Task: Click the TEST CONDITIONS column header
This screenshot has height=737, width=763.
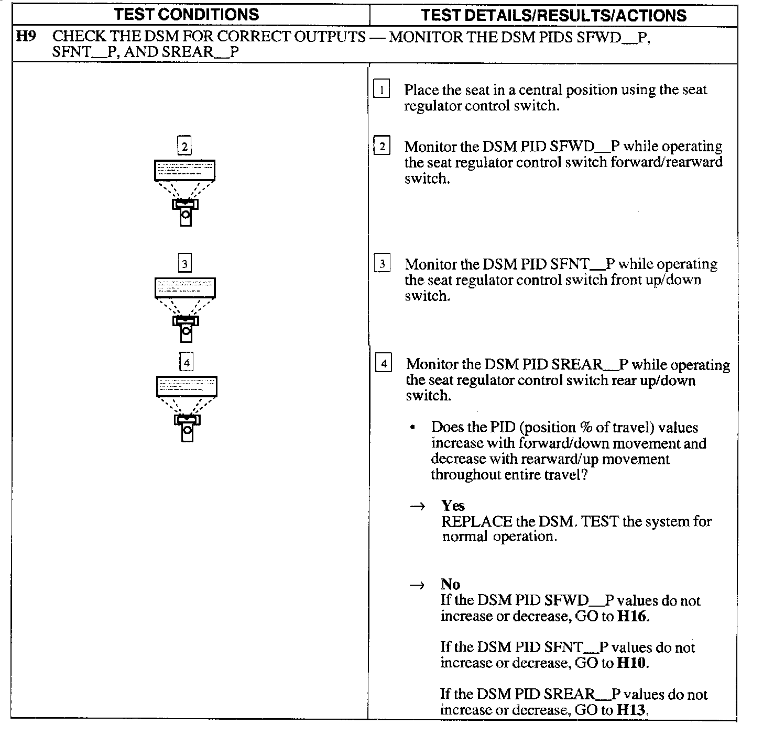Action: [187, 15]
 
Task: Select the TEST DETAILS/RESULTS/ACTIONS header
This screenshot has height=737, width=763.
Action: [553, 15]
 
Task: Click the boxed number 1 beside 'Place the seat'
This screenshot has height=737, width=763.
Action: [381, 90]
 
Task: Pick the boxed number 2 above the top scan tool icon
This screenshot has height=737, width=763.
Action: [184, 146]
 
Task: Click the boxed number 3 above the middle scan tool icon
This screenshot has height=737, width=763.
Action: [184, 263]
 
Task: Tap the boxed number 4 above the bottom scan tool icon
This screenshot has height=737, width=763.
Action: [186, 362]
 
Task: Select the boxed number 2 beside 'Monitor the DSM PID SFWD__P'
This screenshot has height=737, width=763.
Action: [382, 146]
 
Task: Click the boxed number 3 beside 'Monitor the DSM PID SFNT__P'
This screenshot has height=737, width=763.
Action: [382, 264]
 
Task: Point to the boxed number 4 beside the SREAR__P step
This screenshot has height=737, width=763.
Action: [384, 363]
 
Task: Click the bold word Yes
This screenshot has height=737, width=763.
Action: [453, 506]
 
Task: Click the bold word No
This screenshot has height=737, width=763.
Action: [450, 585]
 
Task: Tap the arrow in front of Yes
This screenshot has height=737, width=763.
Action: [417, 507]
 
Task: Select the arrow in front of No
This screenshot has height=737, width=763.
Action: [417, 586]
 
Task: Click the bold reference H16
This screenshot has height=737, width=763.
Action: [632, 616]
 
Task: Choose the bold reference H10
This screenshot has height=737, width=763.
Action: [632, 663]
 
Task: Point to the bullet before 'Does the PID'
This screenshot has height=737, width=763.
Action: [414, 428]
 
